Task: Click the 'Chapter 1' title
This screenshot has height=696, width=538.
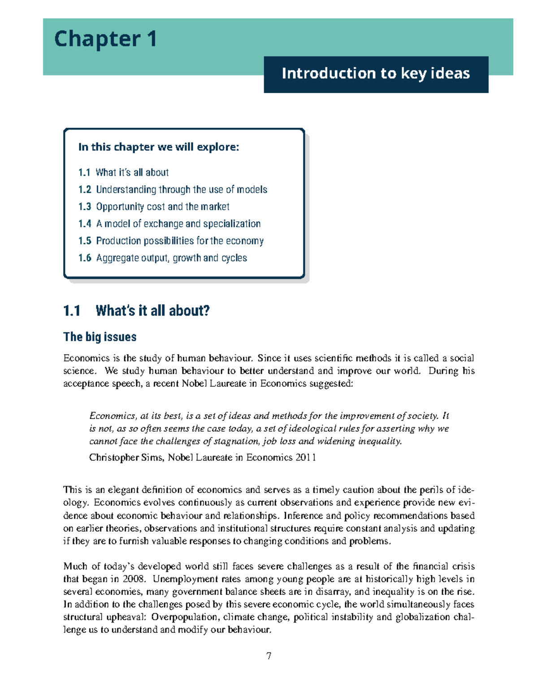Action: tap(105, 39)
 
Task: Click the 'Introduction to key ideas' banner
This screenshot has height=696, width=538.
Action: tap(376, 74)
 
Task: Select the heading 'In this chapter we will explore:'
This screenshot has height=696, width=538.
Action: tap(159, 147)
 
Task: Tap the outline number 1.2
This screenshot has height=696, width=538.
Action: tap(84, 190)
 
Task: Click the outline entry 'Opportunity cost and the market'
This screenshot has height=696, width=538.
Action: tap(163, 207)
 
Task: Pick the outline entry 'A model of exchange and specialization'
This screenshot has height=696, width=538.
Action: tap(178, 224)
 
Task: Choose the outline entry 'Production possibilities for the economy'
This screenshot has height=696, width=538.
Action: tap(180, 241)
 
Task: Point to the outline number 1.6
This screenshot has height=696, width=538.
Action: tap(84, 258)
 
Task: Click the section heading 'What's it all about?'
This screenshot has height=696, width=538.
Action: tap(152, 311)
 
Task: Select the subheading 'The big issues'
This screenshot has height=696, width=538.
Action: tap(100, 337)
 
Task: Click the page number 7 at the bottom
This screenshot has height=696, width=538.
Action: tap(269, 656)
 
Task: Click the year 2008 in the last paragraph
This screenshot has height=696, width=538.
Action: tap(133, 579)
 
